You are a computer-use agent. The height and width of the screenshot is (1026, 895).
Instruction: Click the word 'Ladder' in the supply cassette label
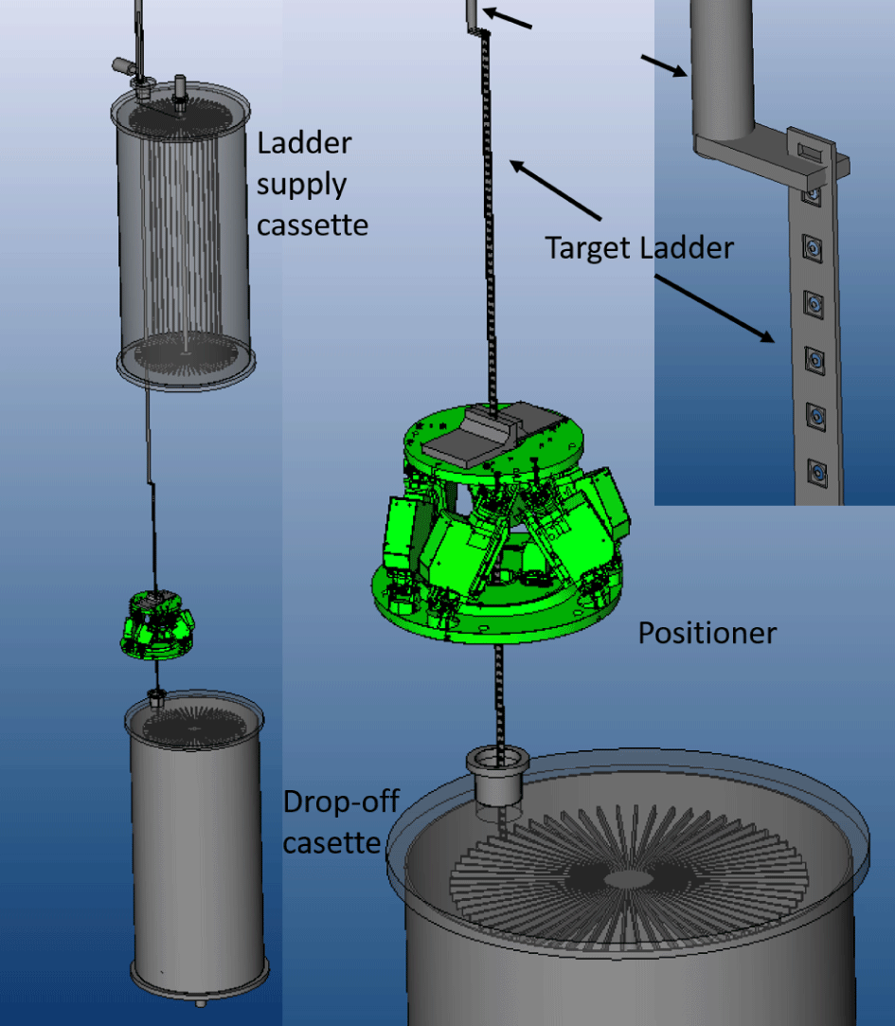click(304, 143)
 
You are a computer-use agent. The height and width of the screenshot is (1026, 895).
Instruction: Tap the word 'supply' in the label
click(301, 186)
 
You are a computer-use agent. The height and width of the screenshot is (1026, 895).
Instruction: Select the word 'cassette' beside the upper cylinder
click(313, 225)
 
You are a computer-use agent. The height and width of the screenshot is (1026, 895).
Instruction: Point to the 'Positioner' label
click(707, 634)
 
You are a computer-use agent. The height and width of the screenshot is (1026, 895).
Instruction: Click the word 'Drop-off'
click(341, 801)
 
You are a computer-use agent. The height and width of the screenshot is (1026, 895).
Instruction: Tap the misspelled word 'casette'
click(331, 843)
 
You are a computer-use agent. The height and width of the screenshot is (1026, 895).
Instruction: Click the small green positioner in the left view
click(157, 624)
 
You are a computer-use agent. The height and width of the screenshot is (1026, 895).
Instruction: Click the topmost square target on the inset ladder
click(812, 193)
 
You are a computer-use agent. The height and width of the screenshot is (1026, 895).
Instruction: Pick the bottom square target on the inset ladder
click(816, 473)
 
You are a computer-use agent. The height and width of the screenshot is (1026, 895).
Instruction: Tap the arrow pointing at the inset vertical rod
click(663, 66)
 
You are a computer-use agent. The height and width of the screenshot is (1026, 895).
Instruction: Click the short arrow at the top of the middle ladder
click(508, 18)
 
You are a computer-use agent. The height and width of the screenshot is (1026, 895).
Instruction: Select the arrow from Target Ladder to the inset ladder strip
click(714, 309)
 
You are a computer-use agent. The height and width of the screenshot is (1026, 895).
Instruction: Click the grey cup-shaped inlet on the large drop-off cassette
click(497, 777)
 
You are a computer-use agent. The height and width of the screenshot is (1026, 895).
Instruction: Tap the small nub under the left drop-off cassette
click(201, 1002)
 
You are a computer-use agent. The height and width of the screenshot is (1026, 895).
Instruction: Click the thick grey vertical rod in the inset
click(720, 69)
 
